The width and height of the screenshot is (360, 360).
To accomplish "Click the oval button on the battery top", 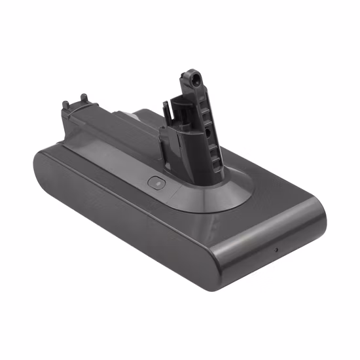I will click(155, 184).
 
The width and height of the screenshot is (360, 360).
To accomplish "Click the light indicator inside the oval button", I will click(155, 184).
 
